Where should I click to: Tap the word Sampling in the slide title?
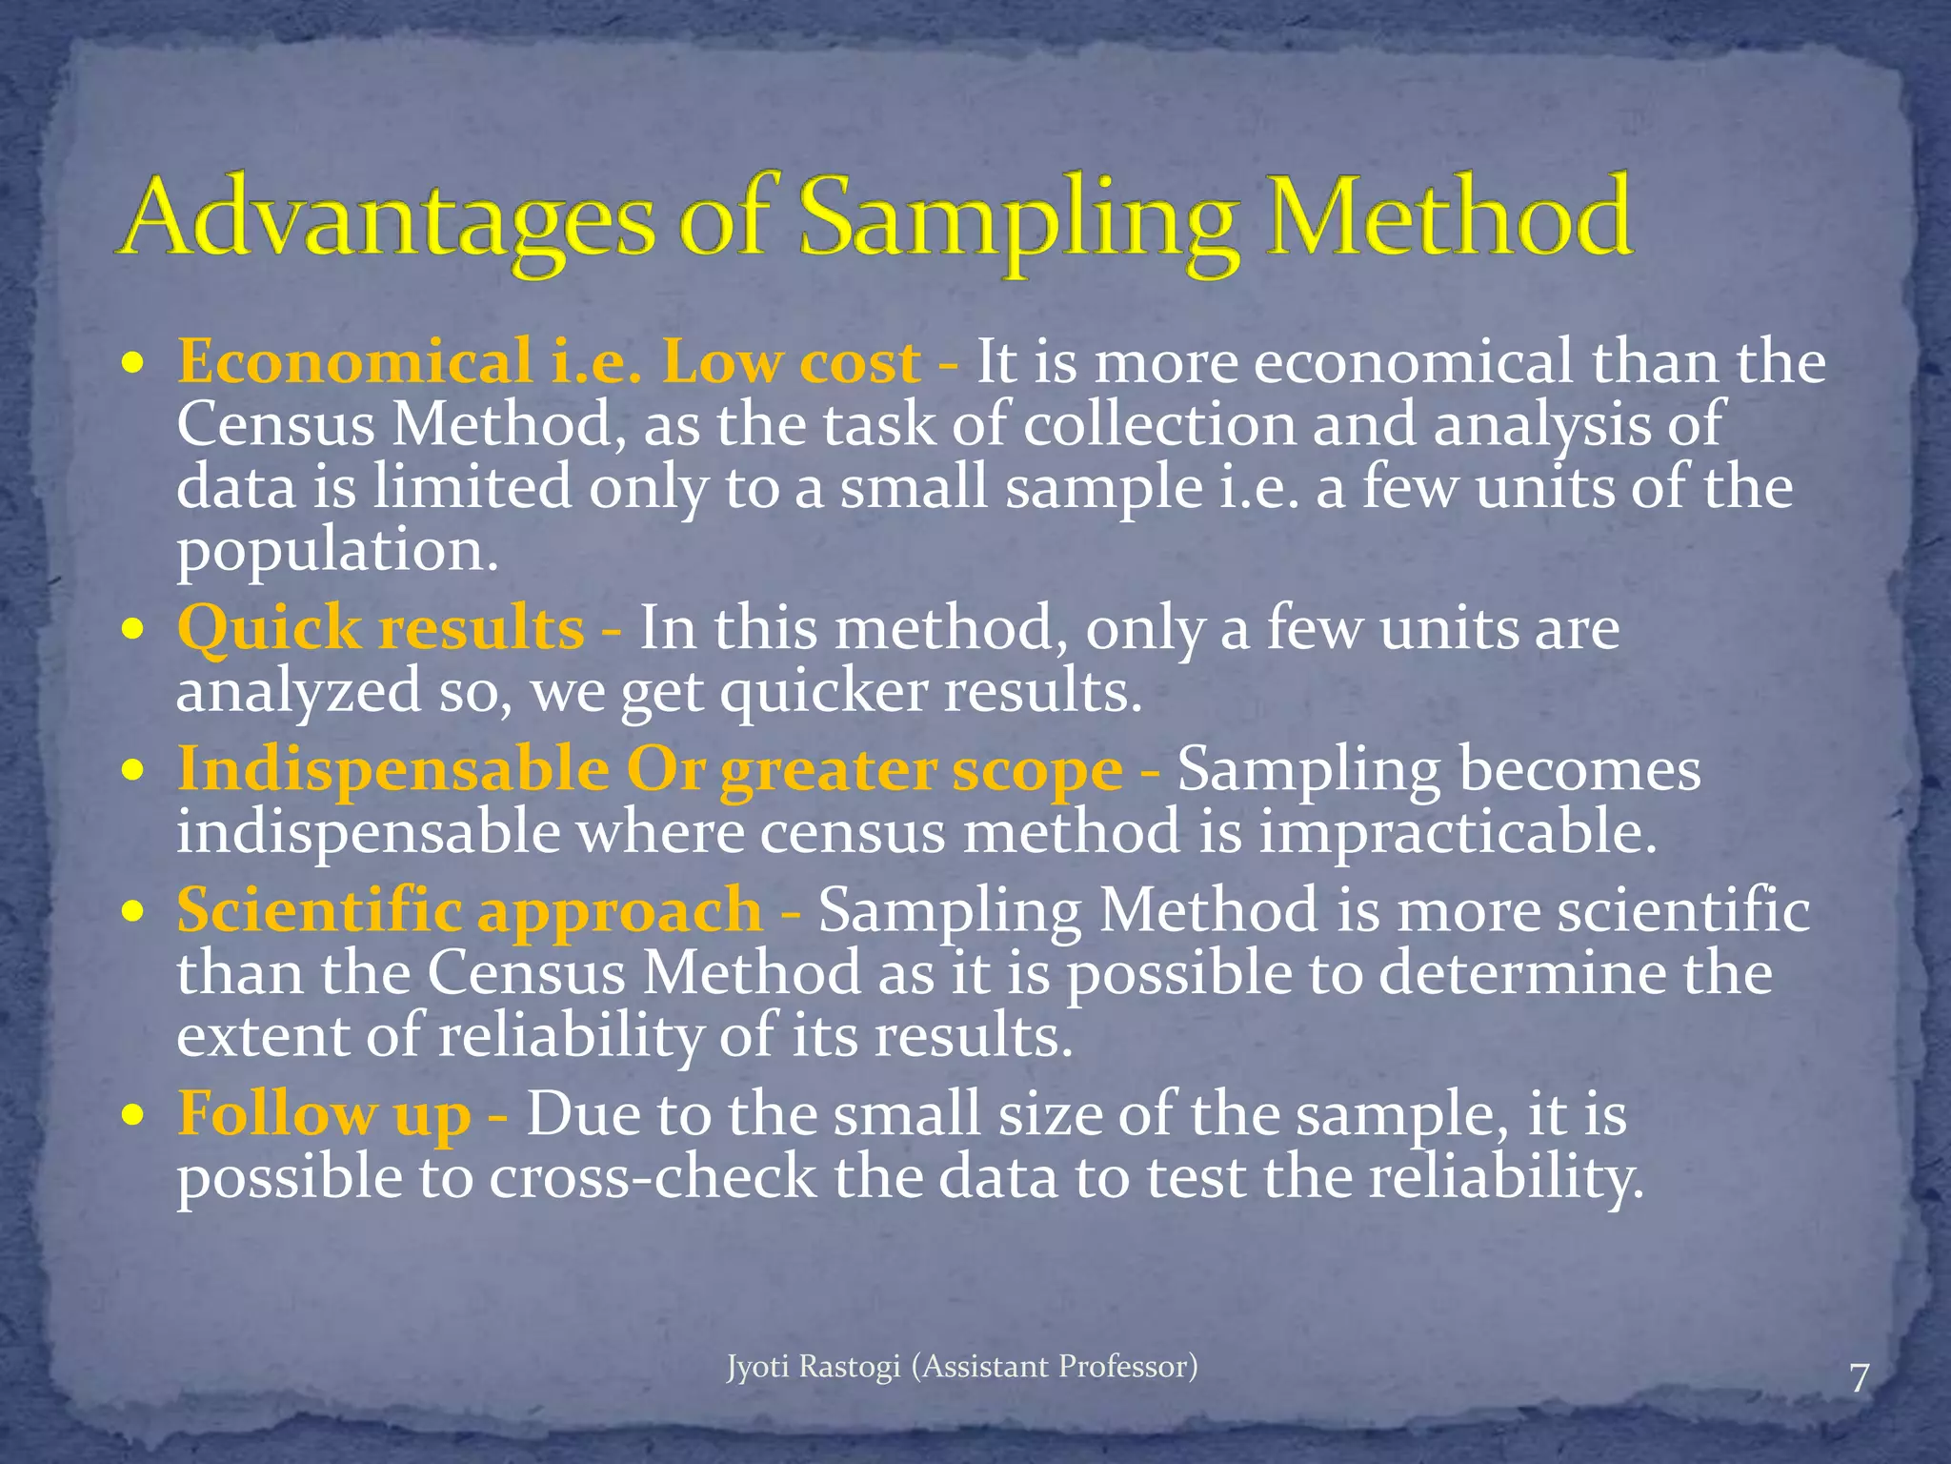(x=1019, y=221)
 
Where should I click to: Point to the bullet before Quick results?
(x=134, y=630)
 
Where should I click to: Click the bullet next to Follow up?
(x=134, y=1115)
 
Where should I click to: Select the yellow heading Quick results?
(x=381, y=630)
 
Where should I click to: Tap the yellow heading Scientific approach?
(x=469, y=910)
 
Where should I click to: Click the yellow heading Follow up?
(x=324, y=1115)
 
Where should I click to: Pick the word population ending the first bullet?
(x=337, y=552)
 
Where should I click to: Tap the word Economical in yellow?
(x=355, y=363)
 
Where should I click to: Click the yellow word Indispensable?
(x=392, y=770)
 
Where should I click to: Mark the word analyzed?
(x=298, y=692)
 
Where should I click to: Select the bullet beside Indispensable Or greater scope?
(x=134, y=770)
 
